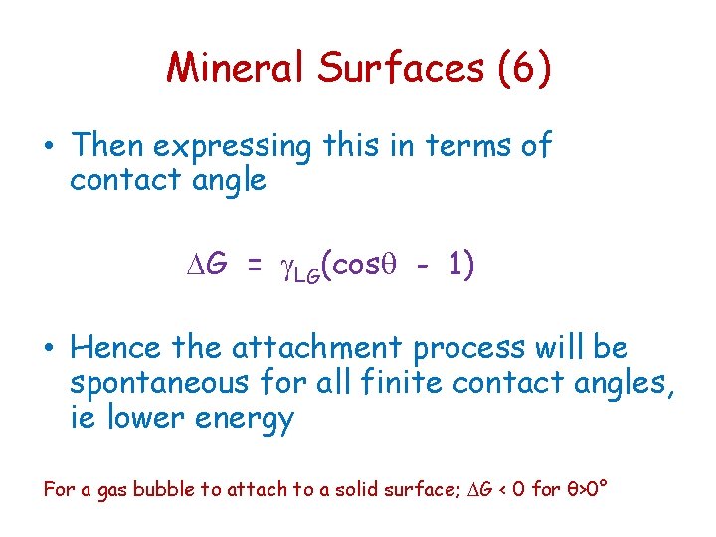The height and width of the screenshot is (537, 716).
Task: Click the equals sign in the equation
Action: click(255, 267)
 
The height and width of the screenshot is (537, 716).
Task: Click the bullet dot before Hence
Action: click(51, 349)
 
